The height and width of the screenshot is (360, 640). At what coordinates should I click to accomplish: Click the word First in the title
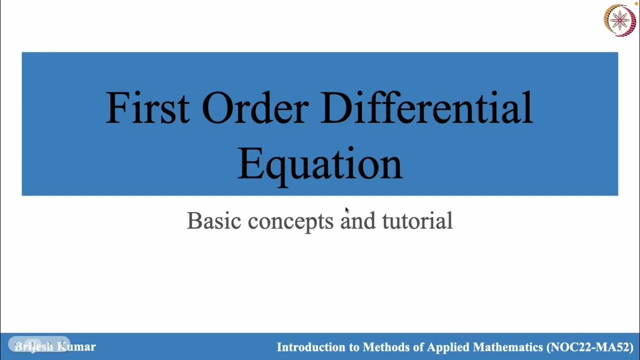click(x=147, y=107)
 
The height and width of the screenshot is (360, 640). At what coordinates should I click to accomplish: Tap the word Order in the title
click(x=255, y=107)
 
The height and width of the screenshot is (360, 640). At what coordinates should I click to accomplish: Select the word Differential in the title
click(x=426, y=107)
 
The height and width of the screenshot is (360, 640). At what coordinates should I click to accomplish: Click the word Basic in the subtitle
click(x=214, y=221)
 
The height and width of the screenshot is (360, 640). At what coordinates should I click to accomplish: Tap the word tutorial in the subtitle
click(x=417, y=221)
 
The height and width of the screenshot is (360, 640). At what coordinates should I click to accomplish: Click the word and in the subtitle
click(x=358, y=221)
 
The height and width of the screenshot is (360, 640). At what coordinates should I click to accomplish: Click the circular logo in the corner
click(x=619, y=20)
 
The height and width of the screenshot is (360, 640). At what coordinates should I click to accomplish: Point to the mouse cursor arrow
click(x=346, y=210)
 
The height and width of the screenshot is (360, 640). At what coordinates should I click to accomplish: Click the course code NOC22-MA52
click(x=590, y=347)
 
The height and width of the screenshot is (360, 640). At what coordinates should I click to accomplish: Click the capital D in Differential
click(x=334, y=107)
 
